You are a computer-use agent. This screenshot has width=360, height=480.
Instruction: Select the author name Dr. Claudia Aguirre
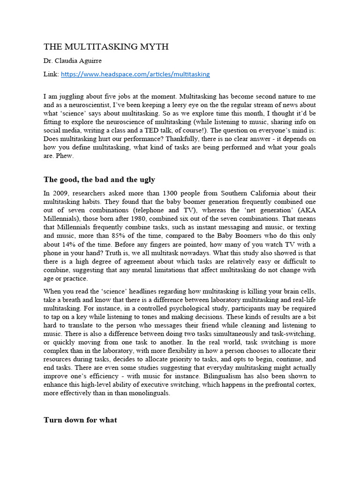click(73, 60)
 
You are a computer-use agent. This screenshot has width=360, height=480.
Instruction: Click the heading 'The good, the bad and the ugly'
click(99, 180)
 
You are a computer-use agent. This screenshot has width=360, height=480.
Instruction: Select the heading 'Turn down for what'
click(80, 420)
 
